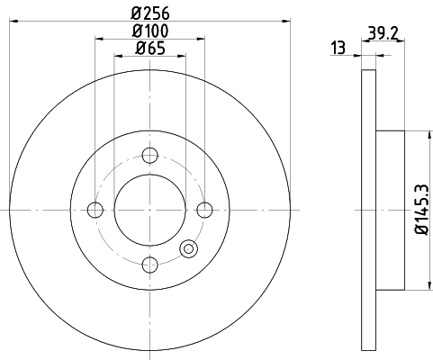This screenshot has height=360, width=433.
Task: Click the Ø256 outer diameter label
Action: [150, 13]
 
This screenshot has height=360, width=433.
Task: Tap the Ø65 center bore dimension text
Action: [150, 49]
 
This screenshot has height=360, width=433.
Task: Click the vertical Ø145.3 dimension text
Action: [421, 211]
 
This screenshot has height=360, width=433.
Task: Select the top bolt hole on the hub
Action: [150, 155]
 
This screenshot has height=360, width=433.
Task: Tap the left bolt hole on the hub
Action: [95, 211]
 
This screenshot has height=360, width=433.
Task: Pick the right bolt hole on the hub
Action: [205, 211]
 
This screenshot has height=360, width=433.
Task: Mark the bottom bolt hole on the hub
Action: [150, 265]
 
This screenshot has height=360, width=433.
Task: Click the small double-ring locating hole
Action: [189, 249]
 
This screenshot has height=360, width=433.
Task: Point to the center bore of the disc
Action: [150, 211]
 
